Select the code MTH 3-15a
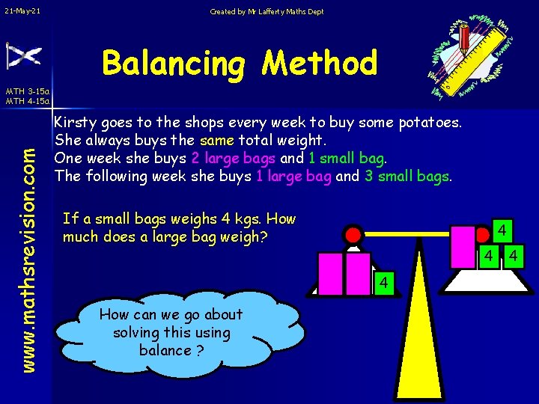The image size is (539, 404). point(27,91)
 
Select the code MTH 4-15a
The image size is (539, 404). point(27,101)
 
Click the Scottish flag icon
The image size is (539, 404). point(23,56)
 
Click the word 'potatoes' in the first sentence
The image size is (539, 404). point(433,122)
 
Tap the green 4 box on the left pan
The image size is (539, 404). point(382,284)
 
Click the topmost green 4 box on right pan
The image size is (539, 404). point(505,229)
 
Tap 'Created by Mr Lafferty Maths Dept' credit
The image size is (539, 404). point(267,11)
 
